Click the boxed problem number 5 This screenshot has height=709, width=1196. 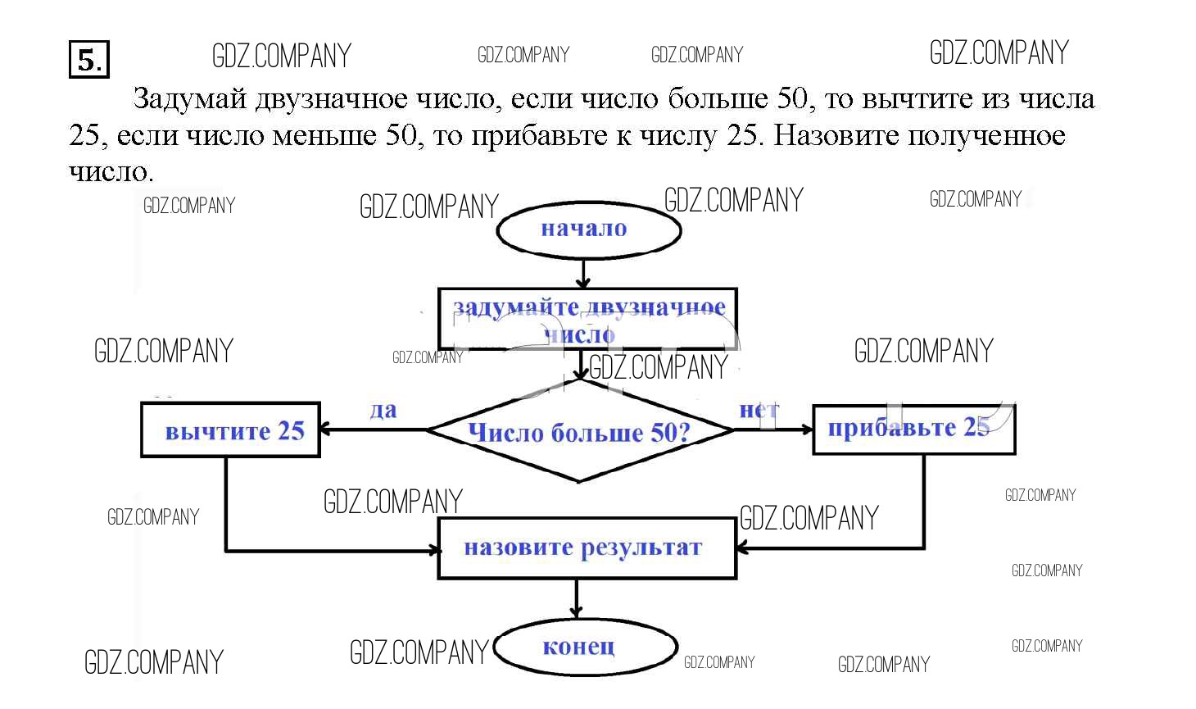88,60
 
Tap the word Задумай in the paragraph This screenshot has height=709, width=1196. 189,99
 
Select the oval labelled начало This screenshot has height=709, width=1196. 588,230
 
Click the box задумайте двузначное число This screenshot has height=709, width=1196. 587,319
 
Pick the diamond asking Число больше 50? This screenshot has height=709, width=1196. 579,431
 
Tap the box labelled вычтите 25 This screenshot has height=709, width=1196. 231,430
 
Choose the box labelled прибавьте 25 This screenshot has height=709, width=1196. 913,429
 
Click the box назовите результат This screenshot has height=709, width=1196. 587,548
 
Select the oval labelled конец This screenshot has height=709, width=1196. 585,647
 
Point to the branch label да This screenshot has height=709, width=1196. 383,409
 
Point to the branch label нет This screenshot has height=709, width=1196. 759,409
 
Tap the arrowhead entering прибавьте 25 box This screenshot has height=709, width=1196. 806,429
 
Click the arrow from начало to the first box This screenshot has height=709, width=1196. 583,273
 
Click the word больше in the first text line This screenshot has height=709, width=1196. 718,99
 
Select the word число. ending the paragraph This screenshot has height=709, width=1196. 111,172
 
